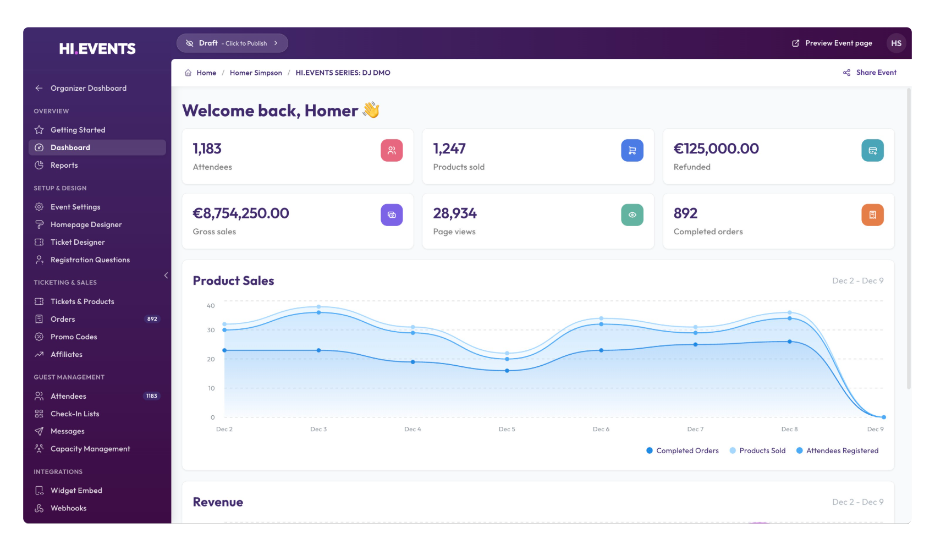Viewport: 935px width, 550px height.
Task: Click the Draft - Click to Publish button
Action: [232, 43]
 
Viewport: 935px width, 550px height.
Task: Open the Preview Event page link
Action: [832, 43]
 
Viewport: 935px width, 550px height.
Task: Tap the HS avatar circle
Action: [896, 43]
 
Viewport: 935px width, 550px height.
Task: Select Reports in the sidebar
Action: [64, 165]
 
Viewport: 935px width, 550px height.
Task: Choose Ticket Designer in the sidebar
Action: [78, 242]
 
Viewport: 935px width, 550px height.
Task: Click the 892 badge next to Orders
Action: [152, 319]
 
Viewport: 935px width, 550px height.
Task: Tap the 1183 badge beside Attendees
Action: [152, 396]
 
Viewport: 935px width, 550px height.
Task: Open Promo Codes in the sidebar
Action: [74, 337]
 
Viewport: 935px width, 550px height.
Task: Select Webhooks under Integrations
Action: [68, 508]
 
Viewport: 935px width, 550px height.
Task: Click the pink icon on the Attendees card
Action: [392, 150]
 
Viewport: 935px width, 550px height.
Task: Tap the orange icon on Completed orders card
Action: [872, 215]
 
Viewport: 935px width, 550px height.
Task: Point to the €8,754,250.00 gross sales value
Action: [241, 213]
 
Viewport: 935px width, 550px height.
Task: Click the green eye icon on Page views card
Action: [632, 215]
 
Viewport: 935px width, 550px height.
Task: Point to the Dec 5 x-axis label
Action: [507, 429]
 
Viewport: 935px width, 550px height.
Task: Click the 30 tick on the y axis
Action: [211, 330]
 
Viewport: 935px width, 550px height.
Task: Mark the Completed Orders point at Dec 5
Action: [507, 371]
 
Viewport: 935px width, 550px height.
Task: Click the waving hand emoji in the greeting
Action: [371, 110]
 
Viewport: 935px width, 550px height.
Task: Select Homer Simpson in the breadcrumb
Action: [256, 73]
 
